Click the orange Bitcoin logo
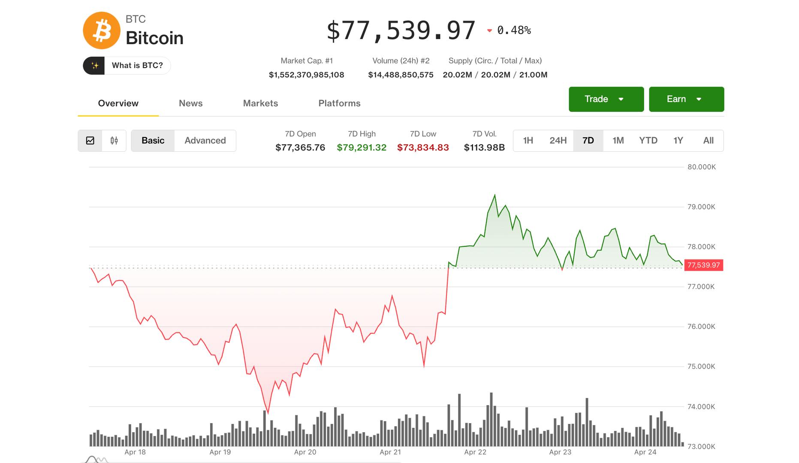coord(101,30)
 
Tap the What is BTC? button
coord(127,66)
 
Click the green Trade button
coord(606,99)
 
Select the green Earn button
coord(686,99)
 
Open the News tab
coord(190,103)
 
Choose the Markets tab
coord(260,103)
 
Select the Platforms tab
coord(339,103)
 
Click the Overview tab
coord(118,103)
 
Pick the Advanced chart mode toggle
coord(205,141)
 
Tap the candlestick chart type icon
coord(114,141)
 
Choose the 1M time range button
coord(618,141)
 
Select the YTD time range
coord(648,141)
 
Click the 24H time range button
coord(558,141)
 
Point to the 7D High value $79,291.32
coord(362,147)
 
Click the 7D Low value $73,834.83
coord(423,147)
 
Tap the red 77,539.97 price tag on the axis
coord(703,265)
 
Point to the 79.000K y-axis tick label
coord(701,207)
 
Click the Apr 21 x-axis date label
coord(390,452)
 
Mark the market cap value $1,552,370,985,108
coord(306,75)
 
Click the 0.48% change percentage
coord(513,30)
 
